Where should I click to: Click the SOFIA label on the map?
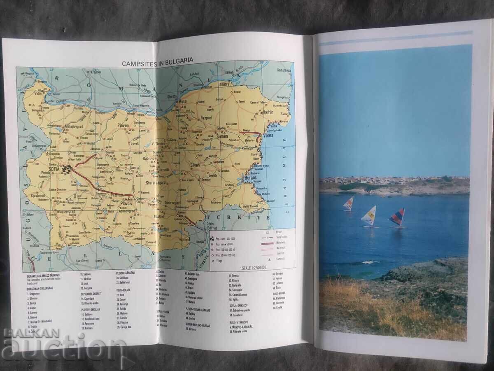click(x=54, y=168)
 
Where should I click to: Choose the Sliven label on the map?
click(x=195, y=164)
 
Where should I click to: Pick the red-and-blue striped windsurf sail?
click(x=398, y=217)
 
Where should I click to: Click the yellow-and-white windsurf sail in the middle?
click(x=369, y=215)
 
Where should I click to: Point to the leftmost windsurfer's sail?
click(x=349, y=203)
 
